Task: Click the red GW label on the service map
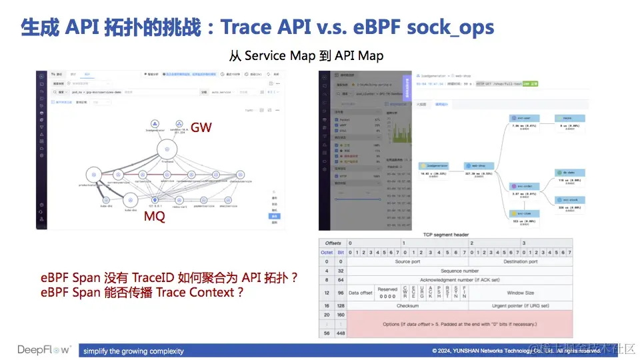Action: coord(201,126)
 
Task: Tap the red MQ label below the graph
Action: coord(155,217)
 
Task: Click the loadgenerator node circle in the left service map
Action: coord(155,124)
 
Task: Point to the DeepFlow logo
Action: coord(43,350)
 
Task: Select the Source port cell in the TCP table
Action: coord(407,262)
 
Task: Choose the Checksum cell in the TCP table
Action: coord(407,305)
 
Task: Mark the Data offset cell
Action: coord(361,293)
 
